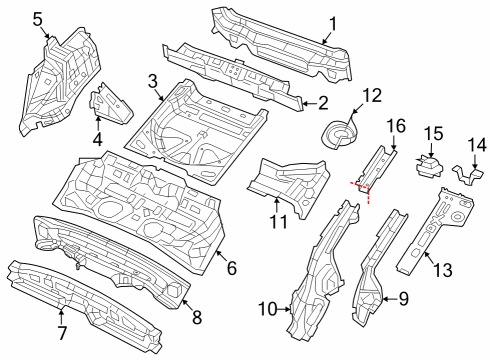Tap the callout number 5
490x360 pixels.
tap(38, 17)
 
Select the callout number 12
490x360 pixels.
tap(372, 96)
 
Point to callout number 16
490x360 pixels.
tap(395, 125)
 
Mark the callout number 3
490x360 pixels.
tap(153, 79)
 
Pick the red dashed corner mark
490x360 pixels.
tap(362, 190)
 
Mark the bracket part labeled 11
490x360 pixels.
tap(290, 180)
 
